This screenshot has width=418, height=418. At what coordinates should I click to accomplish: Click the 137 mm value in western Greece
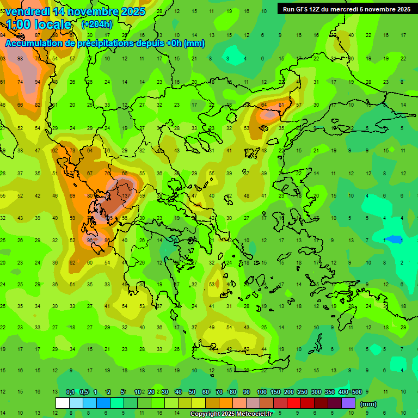[x=126, y=195]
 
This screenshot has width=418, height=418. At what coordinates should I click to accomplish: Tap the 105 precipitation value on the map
[x=109, y=218]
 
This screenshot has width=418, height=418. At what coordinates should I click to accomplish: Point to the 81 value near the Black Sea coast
[x=281, y=104]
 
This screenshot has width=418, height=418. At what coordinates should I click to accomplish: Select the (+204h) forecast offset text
[x=97, y=24]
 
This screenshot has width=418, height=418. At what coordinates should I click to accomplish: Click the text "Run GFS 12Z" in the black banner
[x=301, y=9]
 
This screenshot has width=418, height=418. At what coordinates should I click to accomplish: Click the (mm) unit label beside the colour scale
[x=368, y=404]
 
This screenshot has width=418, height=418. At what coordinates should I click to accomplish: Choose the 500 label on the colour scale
[x=356, y=392]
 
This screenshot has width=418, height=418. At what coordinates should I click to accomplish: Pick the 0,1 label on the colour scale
[x=70, y=392]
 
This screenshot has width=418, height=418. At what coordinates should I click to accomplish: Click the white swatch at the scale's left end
[x=63, y=403]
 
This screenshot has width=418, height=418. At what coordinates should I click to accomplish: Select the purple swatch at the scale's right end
[x=348, y=403]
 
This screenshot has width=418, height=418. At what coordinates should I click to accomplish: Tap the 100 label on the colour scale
[x=262, y=392]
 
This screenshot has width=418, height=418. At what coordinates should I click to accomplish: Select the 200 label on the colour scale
[x=289, y=392]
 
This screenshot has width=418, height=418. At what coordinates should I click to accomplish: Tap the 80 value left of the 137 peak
[x=90, y=195]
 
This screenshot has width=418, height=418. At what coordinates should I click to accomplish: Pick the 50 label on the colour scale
[x=192, y=392]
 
